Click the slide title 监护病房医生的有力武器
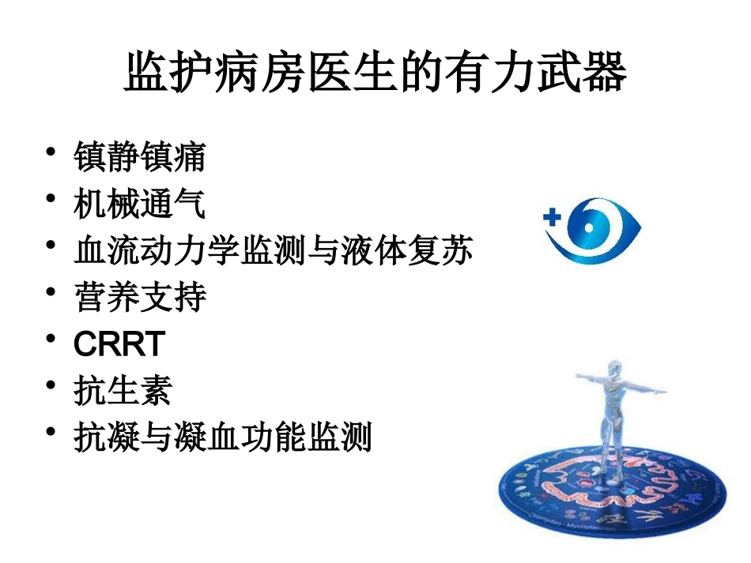(375, 74)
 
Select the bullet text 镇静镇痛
(140, 156)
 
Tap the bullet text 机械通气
(140, 205)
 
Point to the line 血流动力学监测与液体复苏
(274, 251)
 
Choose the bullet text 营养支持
(140, 298)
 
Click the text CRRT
(119, 344)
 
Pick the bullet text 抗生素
(123, 391)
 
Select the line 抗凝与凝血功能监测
(222, 437)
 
